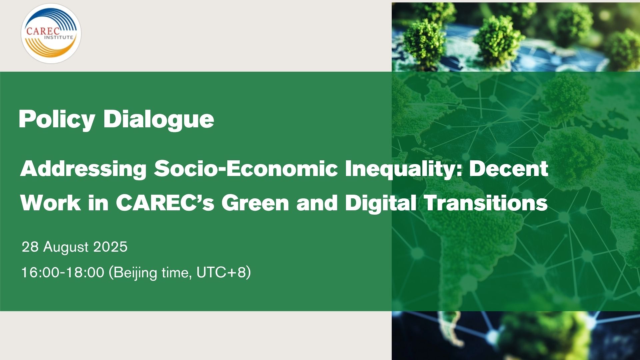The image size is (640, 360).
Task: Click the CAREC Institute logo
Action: [51, 33]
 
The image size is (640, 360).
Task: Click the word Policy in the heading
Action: [57, 119]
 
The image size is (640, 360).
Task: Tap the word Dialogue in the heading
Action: [159, 119]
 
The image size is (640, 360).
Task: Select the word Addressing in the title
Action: [83, 169]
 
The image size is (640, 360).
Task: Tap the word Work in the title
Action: [51, 202]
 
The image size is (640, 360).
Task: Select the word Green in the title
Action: [255, 202]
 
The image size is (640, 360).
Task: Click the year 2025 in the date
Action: [110, 247]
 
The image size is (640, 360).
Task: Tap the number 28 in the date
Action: [30, 247]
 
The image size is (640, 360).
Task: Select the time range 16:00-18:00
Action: [63, 273]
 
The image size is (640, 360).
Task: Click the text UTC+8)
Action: [224, 273]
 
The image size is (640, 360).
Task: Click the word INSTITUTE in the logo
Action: [59, 37]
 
